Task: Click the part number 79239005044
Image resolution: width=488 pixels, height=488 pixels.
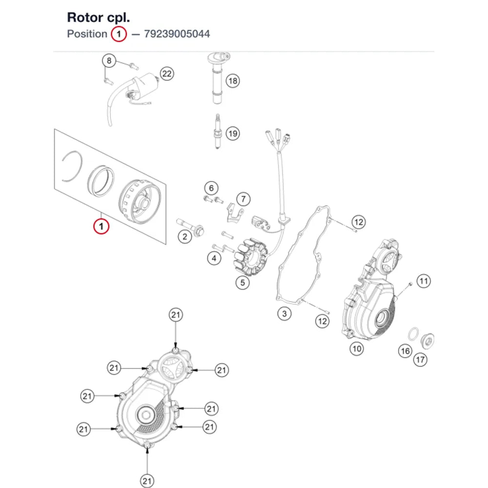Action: coord(177,34)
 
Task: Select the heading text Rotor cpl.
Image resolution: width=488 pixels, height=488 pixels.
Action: coord(99,18)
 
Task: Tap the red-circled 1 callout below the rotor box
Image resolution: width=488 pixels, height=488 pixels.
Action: coord(101,226)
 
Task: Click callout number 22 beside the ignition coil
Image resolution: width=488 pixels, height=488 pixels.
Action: coord(167,74)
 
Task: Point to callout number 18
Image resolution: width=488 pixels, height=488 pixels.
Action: coord(233,81)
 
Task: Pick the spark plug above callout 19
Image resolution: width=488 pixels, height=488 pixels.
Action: coord(218,132)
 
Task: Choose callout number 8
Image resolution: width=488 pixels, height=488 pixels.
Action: coord(109,61)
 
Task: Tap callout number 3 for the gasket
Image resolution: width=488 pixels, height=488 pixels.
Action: coord(284,313)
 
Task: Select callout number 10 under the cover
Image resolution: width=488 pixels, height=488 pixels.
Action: coord(357,348)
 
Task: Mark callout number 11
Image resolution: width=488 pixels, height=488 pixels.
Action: coord(424,282)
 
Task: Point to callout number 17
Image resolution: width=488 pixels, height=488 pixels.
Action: coord(420,360)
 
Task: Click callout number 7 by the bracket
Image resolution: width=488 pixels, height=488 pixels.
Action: coord(244,199)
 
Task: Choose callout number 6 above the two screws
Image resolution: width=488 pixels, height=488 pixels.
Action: coord(211,188)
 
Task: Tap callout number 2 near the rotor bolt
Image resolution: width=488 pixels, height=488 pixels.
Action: coord(184,237)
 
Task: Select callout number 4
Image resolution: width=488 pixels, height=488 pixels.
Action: coord(214,258)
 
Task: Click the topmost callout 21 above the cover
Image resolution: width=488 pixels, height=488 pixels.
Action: coord(176,315)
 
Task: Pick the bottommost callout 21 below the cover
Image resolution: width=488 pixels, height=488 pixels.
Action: coord(147,481)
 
